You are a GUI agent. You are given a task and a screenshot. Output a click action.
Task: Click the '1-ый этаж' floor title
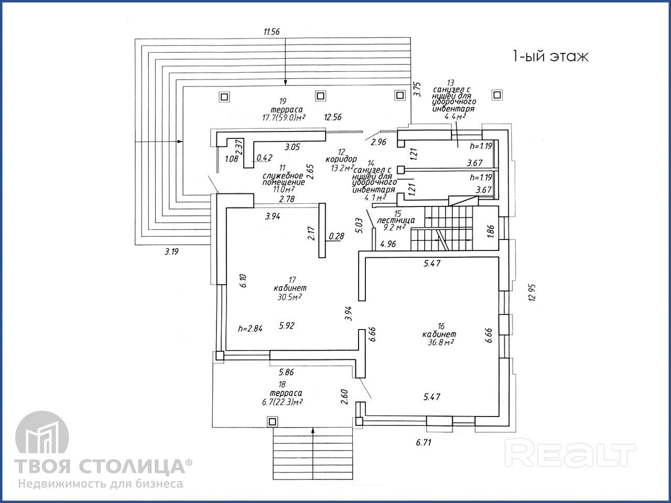pos(550,57)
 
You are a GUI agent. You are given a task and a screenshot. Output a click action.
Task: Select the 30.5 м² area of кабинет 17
pos(289,297)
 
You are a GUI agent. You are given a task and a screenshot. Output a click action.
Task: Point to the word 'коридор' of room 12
pos(341,159)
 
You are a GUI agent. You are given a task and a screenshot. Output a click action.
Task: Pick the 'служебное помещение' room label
pos(284,178)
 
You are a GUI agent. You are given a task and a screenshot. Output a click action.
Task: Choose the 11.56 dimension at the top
pos(272,31)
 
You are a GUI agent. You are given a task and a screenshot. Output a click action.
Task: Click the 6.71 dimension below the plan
pos(424,442)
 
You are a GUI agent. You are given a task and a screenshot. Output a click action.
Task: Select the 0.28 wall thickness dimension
pos(336,236)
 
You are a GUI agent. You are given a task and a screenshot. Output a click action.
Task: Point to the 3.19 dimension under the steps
pos(171,252)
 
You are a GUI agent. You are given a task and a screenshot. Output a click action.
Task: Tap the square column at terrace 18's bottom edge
pos(272,421)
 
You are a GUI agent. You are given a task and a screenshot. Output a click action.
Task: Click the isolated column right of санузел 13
pos(496,95)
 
